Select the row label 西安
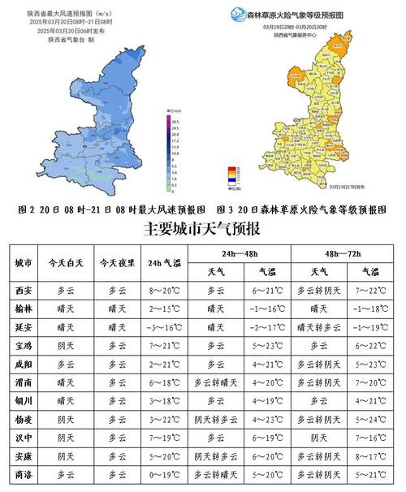[x=24, y=290]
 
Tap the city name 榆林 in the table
[x=24, y=309]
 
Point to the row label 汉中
[x=24, y=437]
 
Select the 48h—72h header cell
[x=341, y=252]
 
